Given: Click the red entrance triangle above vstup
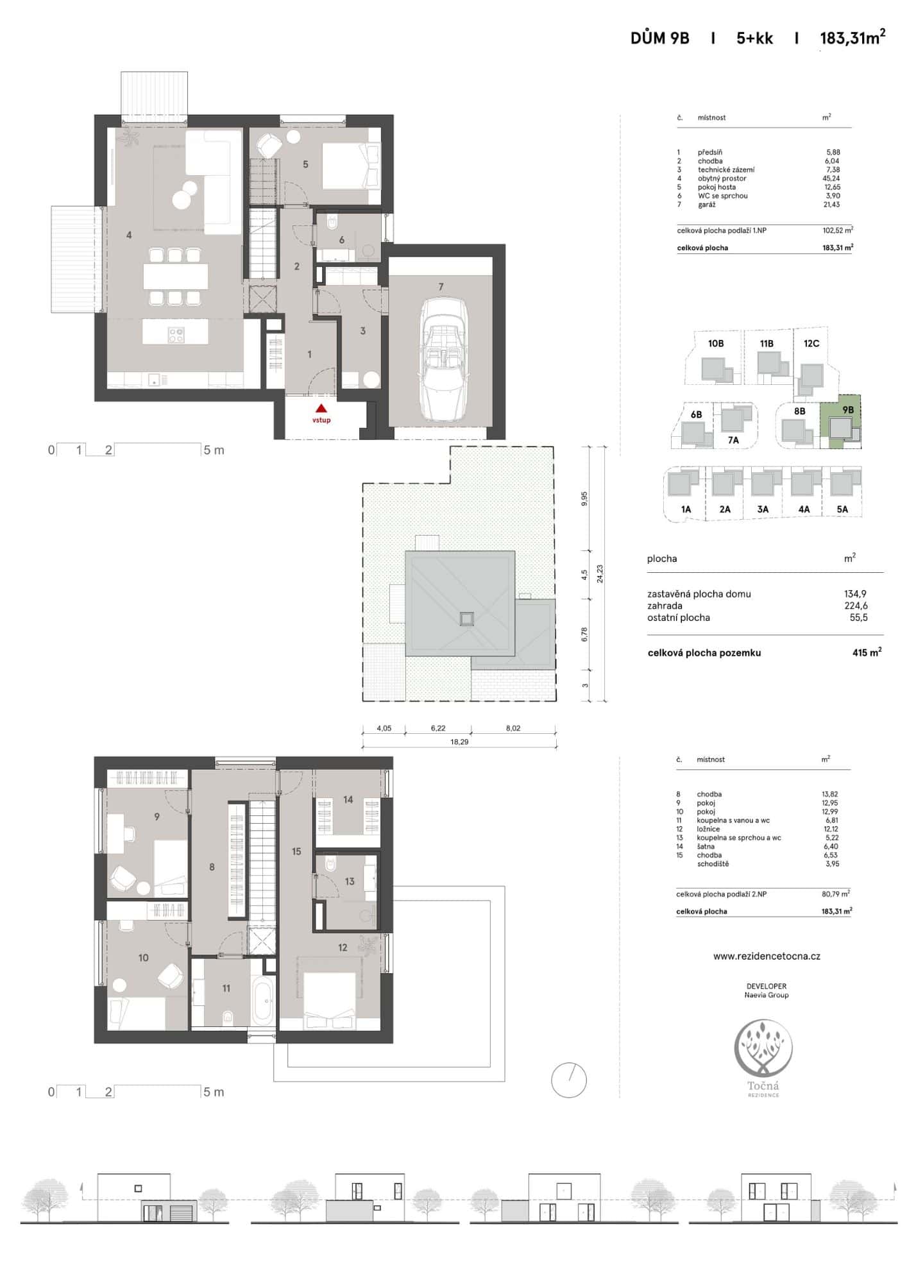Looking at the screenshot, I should [321, 407].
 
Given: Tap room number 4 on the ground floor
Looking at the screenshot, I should [129, 235].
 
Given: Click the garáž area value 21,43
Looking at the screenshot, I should [833, 205].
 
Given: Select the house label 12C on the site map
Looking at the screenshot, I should [811, 344].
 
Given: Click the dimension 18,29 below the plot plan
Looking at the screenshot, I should [459, 742].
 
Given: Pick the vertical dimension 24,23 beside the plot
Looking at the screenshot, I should [600, 574].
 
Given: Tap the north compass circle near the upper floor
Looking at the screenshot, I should [569, 1080].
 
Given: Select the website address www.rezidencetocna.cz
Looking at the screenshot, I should [767, 956].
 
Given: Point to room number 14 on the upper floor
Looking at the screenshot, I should [348, 800].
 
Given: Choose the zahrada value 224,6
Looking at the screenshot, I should [856, 606].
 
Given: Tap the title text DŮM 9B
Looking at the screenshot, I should [659, 38].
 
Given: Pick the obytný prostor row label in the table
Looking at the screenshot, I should [722, 178].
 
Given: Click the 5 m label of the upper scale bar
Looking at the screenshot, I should [214, 450].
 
